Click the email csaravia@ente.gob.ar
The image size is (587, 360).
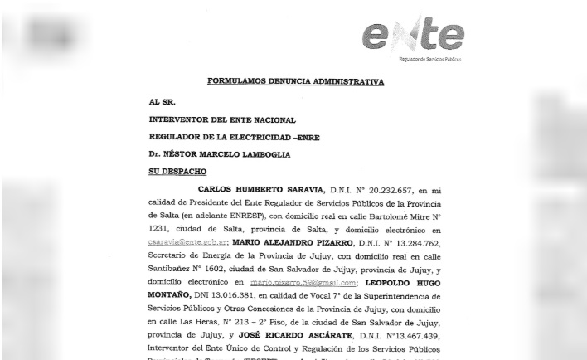pyautogui.click(x=187, y=242)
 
